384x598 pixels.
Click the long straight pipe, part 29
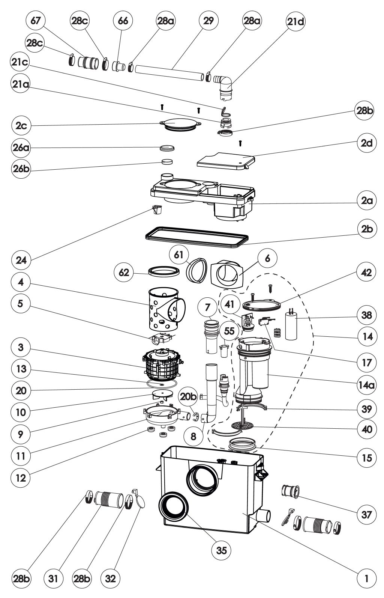pos(169,72)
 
